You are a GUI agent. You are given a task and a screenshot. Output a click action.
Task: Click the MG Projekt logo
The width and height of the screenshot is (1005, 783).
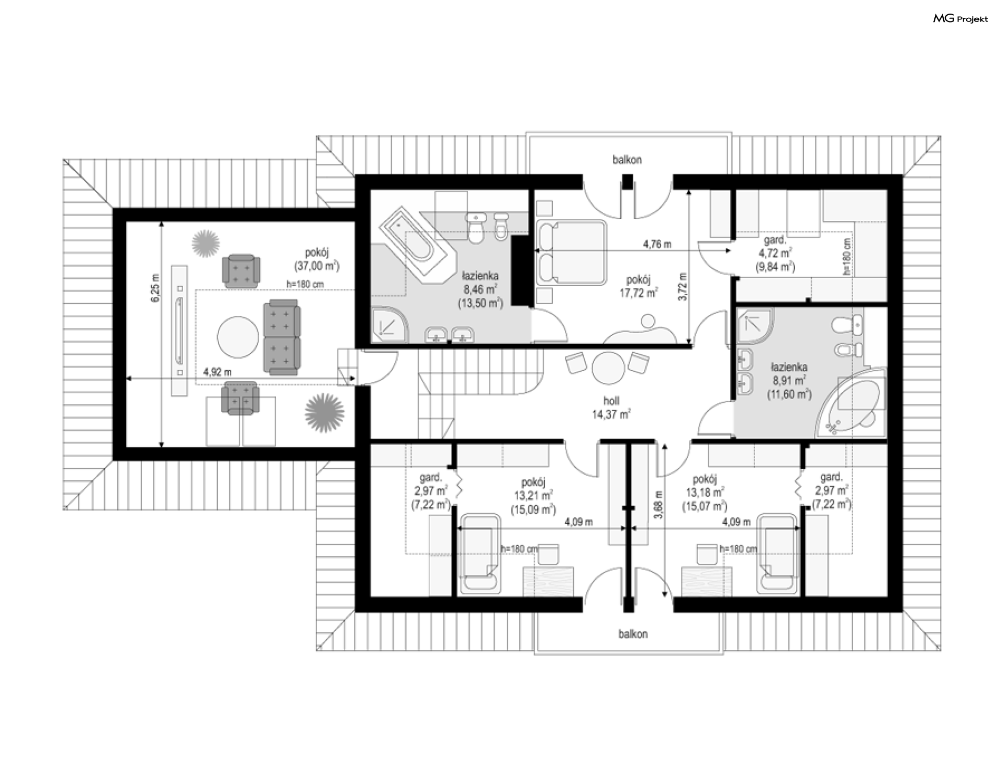pos(961,19)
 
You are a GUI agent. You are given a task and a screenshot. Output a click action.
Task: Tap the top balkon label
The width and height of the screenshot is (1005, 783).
pos(627,160)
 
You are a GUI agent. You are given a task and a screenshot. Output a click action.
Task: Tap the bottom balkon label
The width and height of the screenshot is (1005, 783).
pos(633,634)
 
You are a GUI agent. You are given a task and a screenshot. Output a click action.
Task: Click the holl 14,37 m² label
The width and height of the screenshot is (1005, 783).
pos(611,408)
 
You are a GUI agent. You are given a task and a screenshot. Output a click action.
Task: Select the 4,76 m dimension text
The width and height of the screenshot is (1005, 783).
pos(657,244)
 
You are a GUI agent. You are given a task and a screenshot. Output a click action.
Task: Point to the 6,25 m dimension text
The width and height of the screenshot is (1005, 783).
pos(154,288)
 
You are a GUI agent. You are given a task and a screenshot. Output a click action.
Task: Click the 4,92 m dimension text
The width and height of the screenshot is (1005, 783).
pos(217,372)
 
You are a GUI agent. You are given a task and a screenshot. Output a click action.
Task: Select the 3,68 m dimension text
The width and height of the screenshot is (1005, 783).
pos(659,505)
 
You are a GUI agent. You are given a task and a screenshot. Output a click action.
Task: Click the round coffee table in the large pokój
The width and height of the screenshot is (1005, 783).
pos(238,338)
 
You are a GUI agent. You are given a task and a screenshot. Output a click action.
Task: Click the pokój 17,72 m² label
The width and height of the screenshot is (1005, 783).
pos(639,286)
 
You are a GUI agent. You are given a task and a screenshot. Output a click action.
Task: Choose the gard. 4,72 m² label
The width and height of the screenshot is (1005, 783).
pos(775,253)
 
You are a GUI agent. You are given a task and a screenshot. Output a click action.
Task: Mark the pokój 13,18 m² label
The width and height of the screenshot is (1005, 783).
pos(705,492)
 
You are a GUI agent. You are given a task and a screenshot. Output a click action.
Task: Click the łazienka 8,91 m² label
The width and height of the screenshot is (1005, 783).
pos(789,381)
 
